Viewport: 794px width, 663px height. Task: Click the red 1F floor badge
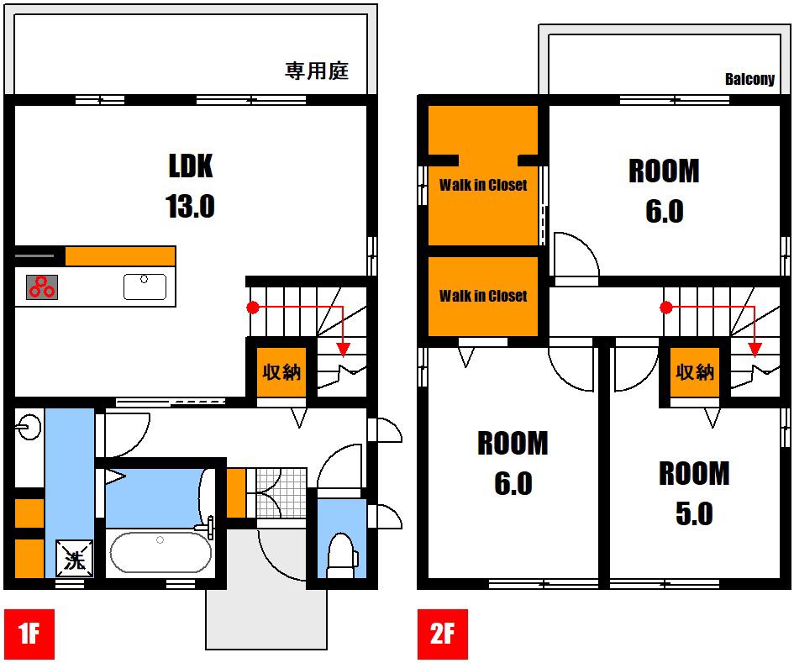tap(29, 634)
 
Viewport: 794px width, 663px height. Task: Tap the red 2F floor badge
tap(442, 634)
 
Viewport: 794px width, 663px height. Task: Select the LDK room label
tap(191, 166)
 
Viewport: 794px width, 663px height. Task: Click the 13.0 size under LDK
tap(190, 206)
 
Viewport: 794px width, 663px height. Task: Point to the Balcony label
tap(749, 79)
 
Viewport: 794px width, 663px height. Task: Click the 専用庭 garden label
tap(317, 71)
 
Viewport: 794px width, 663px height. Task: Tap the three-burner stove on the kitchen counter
tap(41, 287)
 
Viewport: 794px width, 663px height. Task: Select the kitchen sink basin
tap(145, 287)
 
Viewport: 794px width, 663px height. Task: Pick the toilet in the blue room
tap(342, 556)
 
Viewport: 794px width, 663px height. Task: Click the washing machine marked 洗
tap(75, 558)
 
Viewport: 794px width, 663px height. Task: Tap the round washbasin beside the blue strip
tap(28, 428)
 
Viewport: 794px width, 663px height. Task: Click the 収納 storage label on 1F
tap(281, 372)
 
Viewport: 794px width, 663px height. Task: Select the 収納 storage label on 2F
tap(695, 372)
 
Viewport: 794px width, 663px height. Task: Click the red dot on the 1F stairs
tap(253, 308)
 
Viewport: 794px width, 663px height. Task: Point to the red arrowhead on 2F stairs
tap(755, 349)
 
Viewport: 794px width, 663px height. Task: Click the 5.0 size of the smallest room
tap(694, 513)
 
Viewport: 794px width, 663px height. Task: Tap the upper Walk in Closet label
tap(483, 185)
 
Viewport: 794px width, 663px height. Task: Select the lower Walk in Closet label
tap(483, 295)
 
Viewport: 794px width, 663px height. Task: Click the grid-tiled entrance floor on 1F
tap(281, 492)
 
